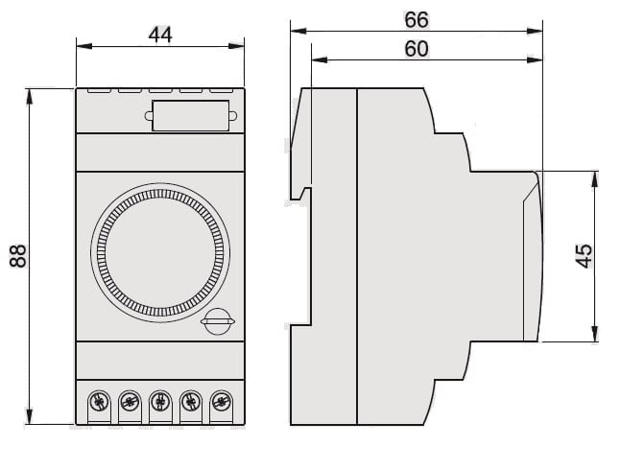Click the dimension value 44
[x=159, y=34]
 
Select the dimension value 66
[x=416, y=19]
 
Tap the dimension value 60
[x=416, y=49]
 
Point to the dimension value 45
[x=584, y=255]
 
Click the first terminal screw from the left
[x=97, y=400]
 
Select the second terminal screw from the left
[x=129, y=400]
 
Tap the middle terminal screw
[x=159, y=400]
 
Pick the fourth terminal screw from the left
[x=191, y=400]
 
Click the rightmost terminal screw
[x=222, y=400]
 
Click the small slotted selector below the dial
[x=218, y=321]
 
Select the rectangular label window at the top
[x=190, y=115]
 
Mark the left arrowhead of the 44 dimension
[x=80, y=45]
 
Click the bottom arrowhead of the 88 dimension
[x=30, y=419]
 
